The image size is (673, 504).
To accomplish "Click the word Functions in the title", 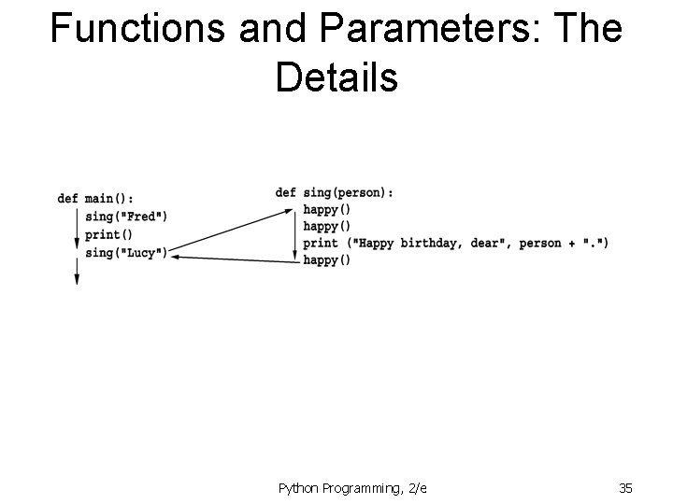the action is pyautogui.click(x=137, y=30).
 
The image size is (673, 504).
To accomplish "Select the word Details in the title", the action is pyautogui.click(x=336, y=78).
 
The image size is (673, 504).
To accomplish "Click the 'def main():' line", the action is pyautogui.click(x=94, y=199).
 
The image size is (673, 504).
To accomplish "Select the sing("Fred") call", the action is pyautogui.click(x=126, y=217).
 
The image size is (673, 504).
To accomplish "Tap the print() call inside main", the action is pyautogui.click(x=108, y=234).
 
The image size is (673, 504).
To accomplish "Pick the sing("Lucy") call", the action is pyautogui.click(x=126, y=252).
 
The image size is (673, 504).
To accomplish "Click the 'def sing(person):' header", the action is pyautogui.click(x=335, y=192).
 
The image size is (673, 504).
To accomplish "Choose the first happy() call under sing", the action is pyautogui.click(x=327, y=210).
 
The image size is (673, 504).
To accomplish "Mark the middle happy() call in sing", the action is pyautogui.click(x=327, y=227).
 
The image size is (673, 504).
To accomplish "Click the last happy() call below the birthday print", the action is pyautogui.click(x=327, y=260).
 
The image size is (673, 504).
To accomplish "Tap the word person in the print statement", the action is pyautogui.click(x=540, y=244).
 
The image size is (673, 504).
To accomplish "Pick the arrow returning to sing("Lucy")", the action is pyautogui.click(x=234, y=258).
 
